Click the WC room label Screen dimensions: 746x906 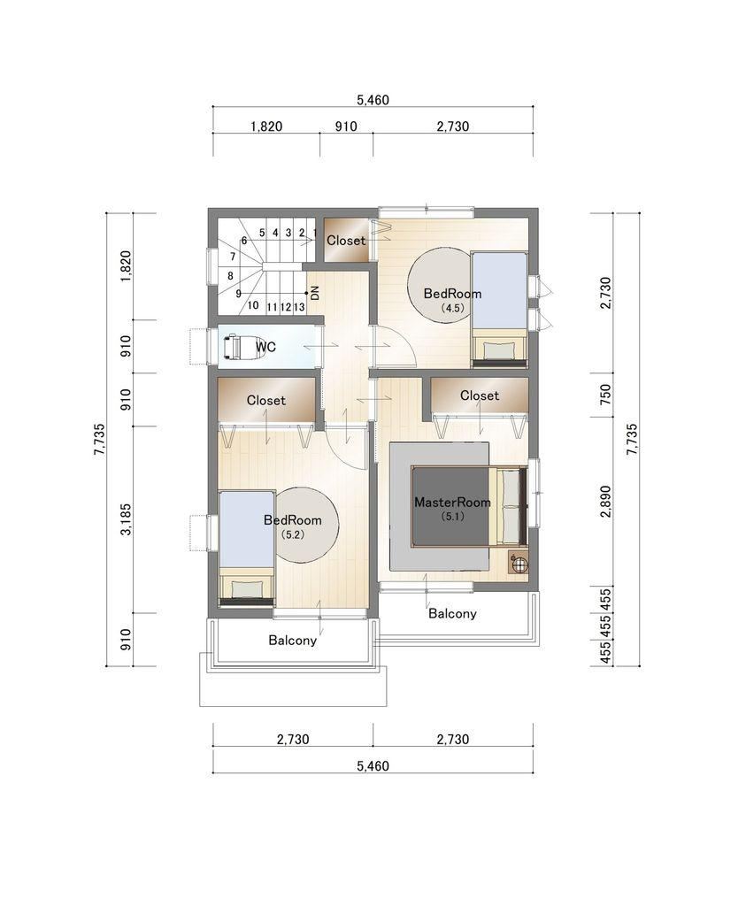(x=265, y=347)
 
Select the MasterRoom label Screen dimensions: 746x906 (x=452, y=503)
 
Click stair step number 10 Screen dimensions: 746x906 (x=253, y=305)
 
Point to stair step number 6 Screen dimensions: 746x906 (x=244, y=241)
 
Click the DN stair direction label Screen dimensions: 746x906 (x=315, y=293)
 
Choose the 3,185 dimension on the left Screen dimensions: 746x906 (x=126, y=519)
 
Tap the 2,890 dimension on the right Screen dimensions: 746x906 (x=605, y=501)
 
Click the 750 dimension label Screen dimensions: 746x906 (x=605, y=394)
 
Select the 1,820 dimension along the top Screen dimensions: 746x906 (x=266, y=127)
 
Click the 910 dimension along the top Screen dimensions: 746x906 (x=346, y=127)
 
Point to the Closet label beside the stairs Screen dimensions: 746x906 (x=346, y=241)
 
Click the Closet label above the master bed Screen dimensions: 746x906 (x=480, y=395)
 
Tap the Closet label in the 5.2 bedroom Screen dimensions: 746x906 (x=265, y=400)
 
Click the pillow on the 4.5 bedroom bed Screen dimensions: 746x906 (x=499, y=350)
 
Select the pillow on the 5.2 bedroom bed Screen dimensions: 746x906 (x=247, y=588)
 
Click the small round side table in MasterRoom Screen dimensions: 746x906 (x=519, y=563)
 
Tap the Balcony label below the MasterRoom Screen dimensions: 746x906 (x=452, y=613)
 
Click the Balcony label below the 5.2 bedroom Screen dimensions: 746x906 (x=292, y=641)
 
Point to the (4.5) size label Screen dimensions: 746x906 (x=452, y=308)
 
